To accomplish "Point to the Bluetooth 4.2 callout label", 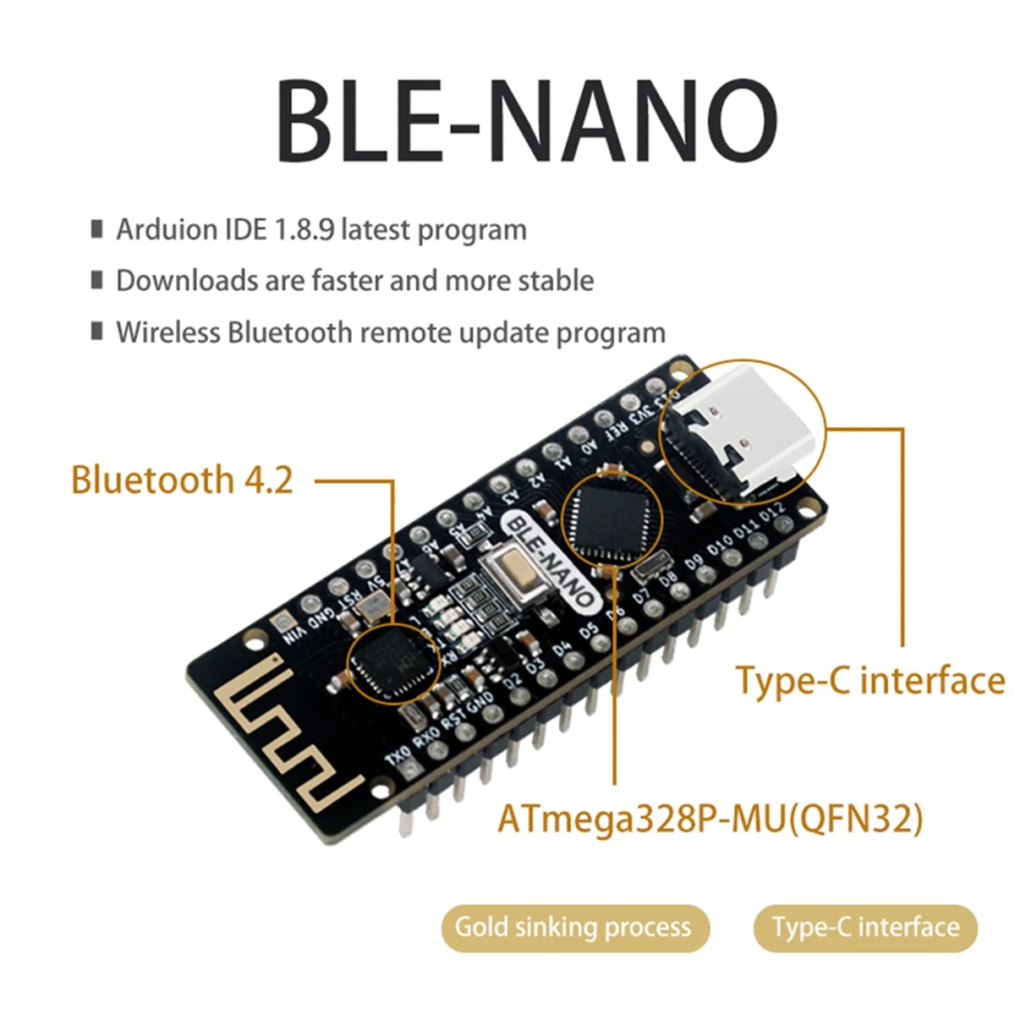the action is [x=182, y=480].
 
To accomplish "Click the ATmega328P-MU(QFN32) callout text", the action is [x=710, y=819].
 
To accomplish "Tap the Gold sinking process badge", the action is [x=573, y=927].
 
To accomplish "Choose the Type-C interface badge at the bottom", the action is [x=865, y=927].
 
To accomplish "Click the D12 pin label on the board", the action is [x=772, y=514].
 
